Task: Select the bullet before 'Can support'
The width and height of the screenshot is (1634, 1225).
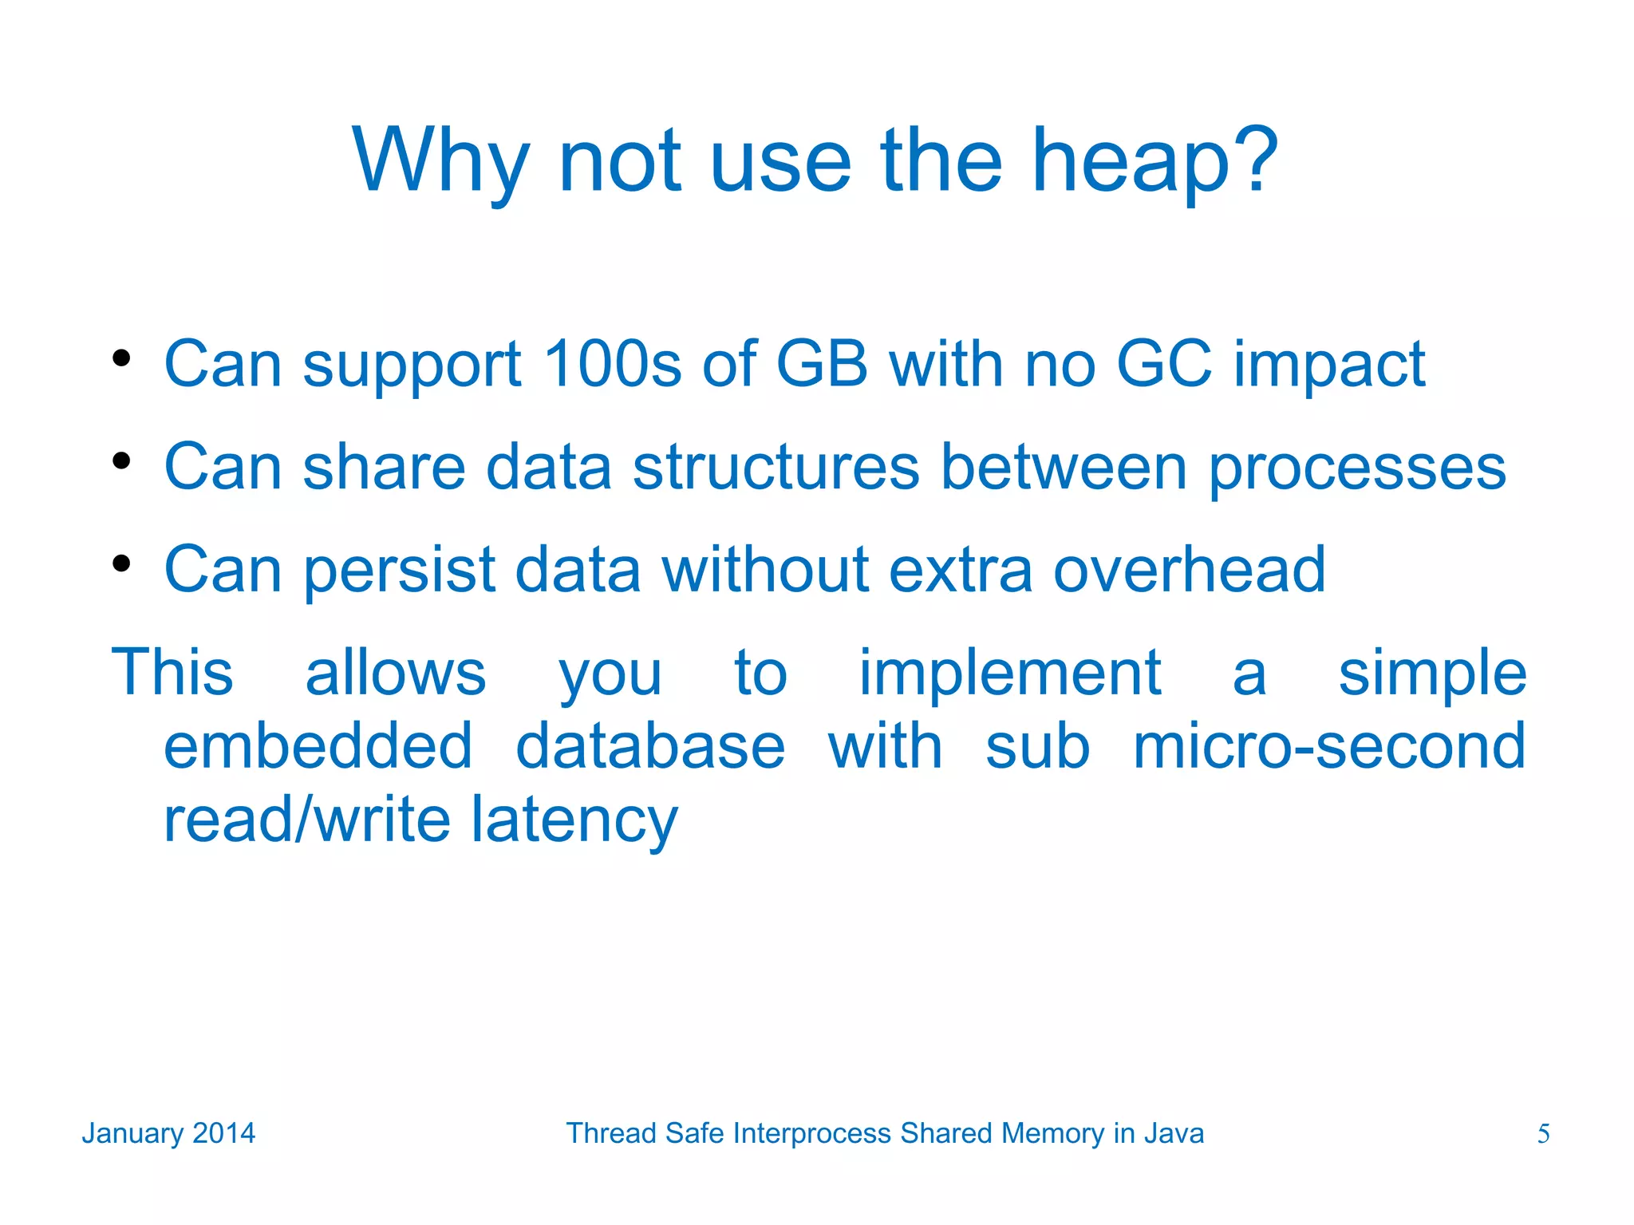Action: [121, 358]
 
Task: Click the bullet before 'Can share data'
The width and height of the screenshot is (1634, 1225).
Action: [121, 460]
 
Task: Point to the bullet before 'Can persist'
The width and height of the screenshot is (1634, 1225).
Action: [121, 563]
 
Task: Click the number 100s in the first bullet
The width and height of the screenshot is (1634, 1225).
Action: [612, 364]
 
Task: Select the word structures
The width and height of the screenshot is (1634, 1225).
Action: [776, 467]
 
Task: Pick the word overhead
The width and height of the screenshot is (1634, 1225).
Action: [1189, 570]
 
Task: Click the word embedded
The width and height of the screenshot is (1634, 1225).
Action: [318, 746]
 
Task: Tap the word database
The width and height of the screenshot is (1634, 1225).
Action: [650, 746]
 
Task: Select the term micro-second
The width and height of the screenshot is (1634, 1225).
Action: [1329, 746]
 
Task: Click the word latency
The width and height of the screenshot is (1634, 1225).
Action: [574, 820]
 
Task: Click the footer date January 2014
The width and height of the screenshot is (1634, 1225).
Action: [168, 1133]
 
